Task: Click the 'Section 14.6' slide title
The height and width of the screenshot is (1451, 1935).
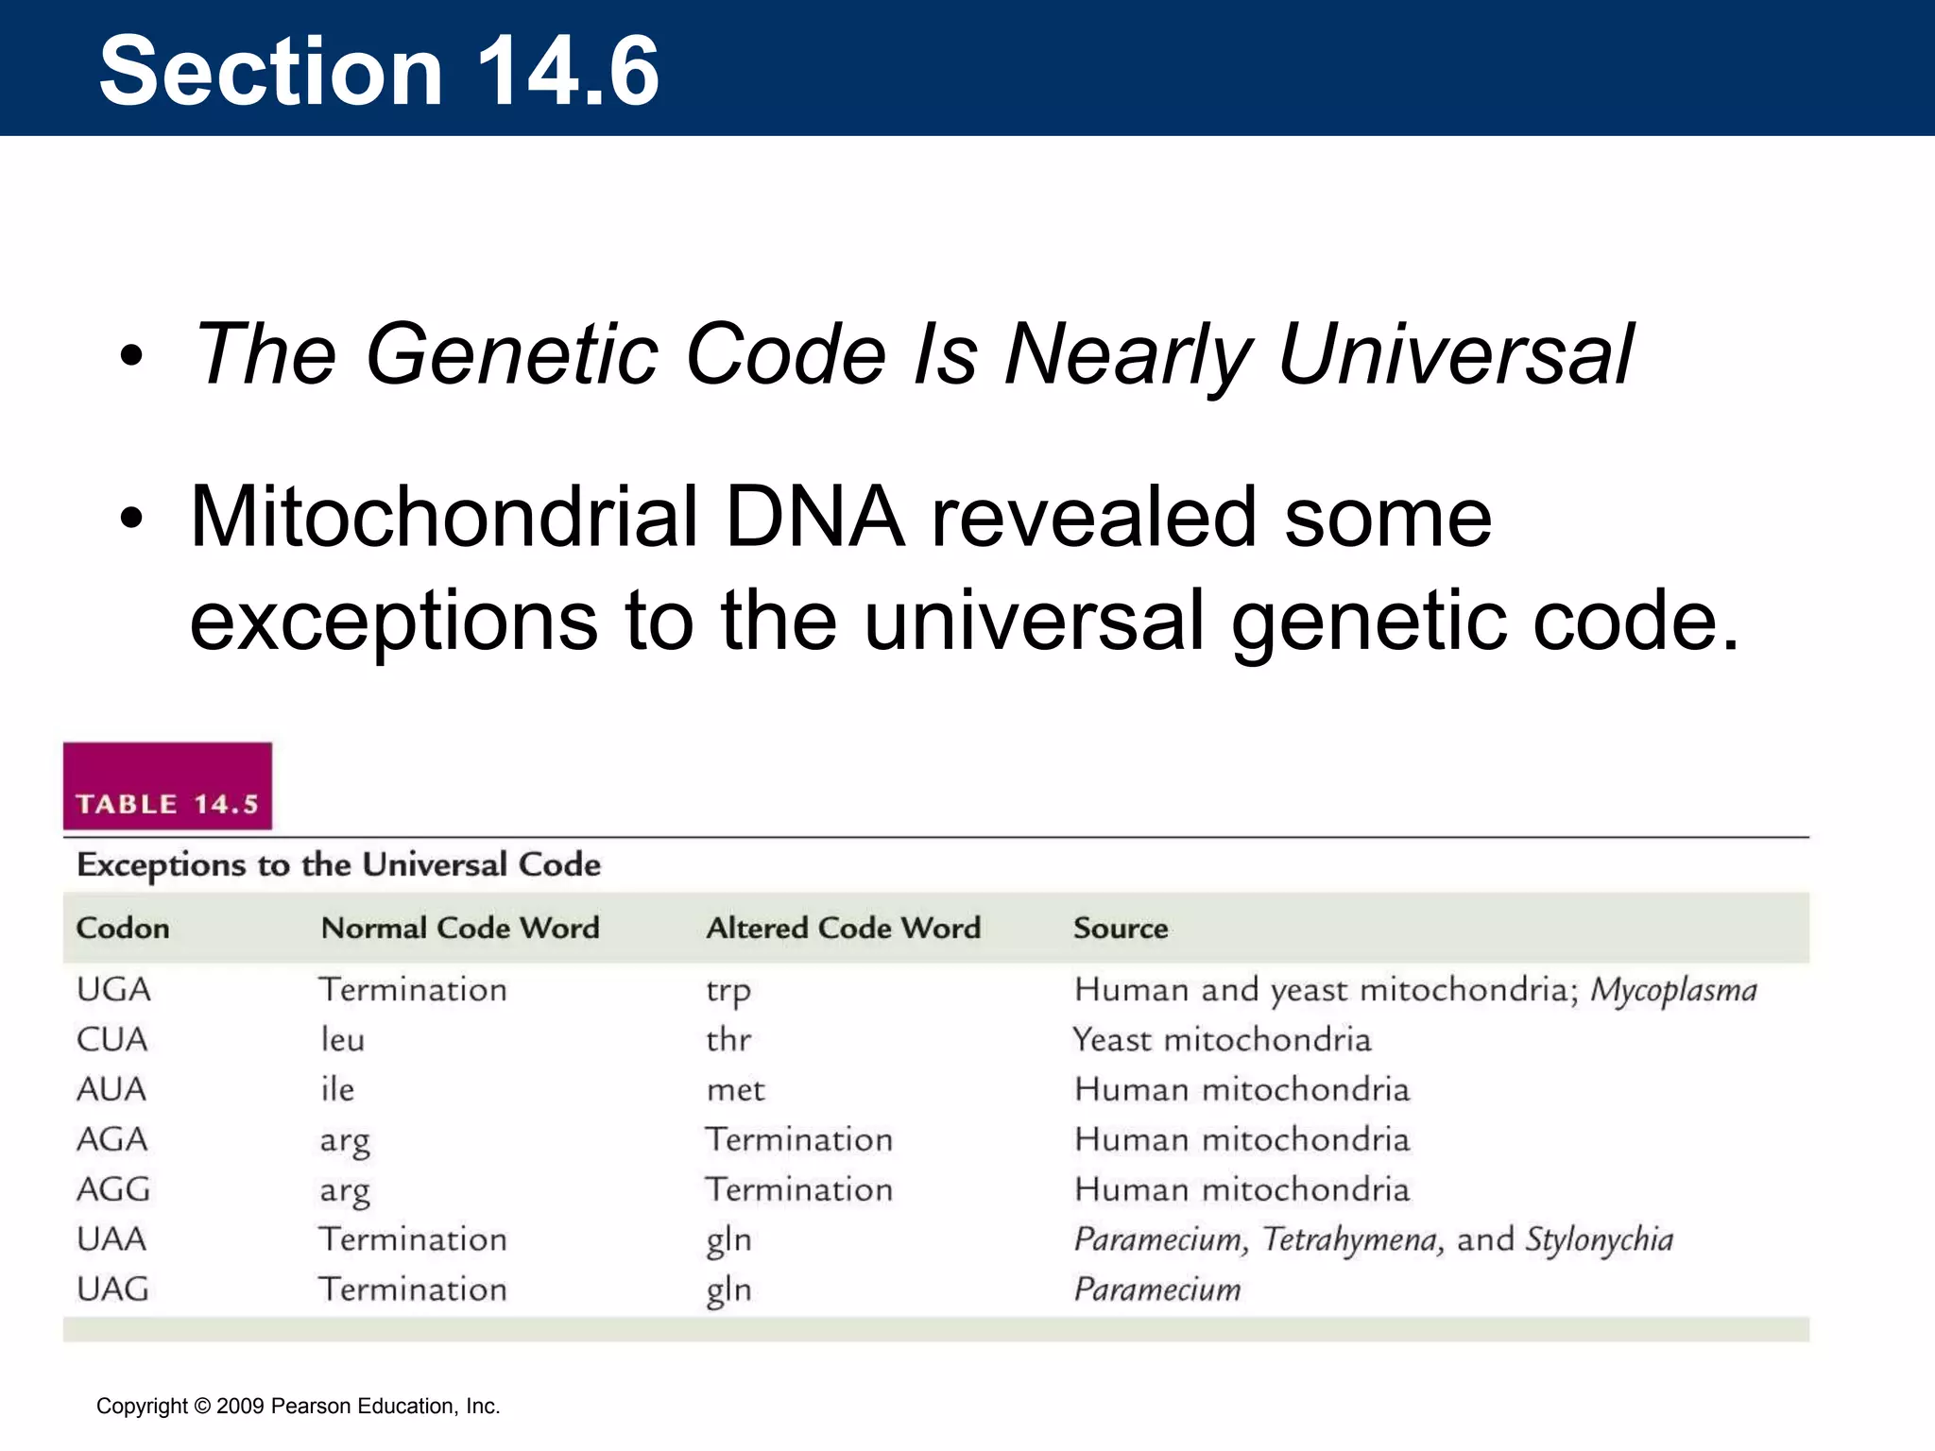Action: (379, 71)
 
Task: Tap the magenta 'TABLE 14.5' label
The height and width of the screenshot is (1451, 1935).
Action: (167, 804)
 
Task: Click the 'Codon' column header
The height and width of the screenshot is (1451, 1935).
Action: (123, 928)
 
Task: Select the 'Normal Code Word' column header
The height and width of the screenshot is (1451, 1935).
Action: (460, 928)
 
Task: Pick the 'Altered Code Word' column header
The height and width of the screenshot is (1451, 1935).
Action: (844, 928)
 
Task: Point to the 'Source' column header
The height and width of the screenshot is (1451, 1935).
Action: (1121, 928)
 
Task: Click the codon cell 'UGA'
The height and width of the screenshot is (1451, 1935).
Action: (113, 990)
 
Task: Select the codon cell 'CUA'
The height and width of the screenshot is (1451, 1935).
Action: (112, 1040)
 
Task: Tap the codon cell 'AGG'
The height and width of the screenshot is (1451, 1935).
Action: (113, 1189)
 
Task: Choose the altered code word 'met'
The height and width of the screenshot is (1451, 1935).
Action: (735, 1090)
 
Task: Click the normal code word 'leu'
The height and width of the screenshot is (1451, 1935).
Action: (342, 1040)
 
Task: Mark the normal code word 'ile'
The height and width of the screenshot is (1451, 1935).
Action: (337, 1090)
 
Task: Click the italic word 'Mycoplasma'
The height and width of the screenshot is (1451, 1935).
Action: (1673, 990)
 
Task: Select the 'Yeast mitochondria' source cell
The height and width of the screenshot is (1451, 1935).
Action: (1222, 1040)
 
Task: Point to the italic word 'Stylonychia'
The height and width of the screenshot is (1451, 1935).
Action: (1600, 1239)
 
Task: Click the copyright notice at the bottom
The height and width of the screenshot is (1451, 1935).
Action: (299, 1406)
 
